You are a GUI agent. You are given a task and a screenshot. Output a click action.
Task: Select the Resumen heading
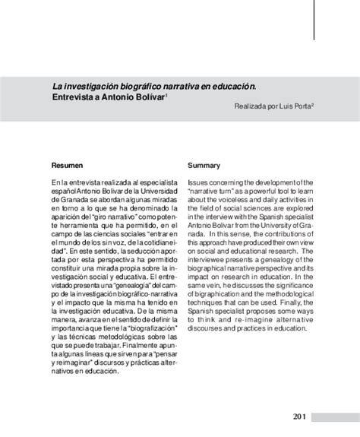click(x=68, y=165)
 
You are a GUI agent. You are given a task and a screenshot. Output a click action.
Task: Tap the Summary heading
click(x=205, y=165)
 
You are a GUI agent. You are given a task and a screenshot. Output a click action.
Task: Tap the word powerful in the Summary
click(x=264, y=193)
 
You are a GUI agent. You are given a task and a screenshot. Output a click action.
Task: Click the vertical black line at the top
click(x=314, y=20)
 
